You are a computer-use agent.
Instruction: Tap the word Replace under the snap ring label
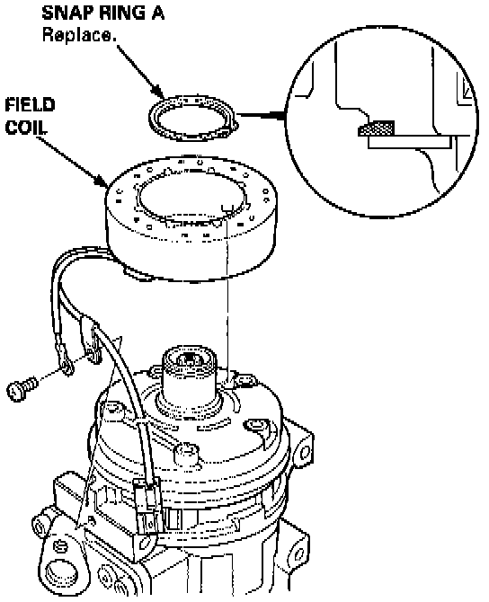[x=79, y=35]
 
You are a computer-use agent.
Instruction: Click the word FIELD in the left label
[x=31, y=105]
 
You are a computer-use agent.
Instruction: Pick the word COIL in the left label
[x=26, y=128]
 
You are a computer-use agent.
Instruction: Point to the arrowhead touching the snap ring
[x=160, y=92]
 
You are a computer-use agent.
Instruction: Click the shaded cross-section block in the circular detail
[x=377, y=128]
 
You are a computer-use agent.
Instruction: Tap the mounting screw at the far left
[x=22, y=389]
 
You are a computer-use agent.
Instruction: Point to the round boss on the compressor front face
[x=186, y=453]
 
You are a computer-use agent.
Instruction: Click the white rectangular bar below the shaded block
[x=409, y=142]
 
